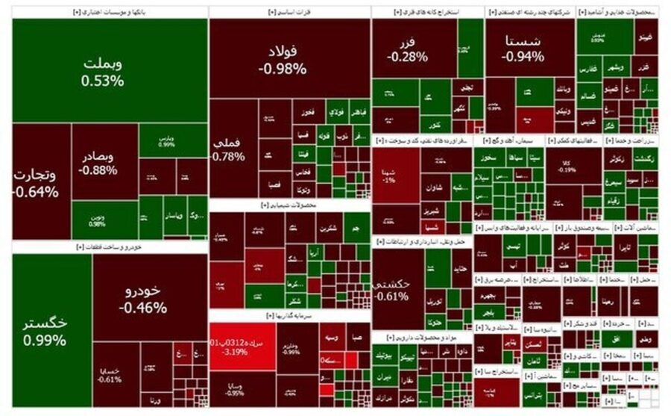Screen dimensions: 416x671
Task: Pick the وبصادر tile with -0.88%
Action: [104, 163]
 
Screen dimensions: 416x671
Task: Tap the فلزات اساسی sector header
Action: [289, 11]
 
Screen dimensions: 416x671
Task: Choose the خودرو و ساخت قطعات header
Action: [109, 246]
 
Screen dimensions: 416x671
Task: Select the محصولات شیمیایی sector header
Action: [289, 204]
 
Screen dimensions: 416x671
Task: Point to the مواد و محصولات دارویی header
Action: [421, 337]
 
